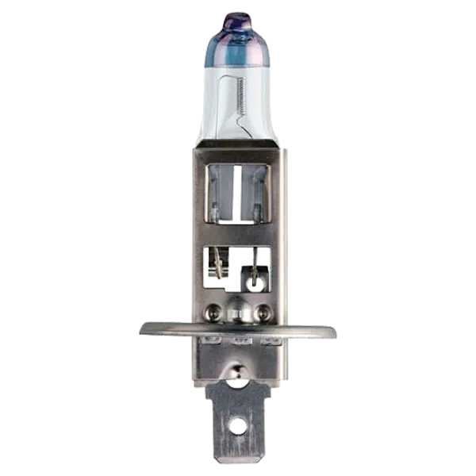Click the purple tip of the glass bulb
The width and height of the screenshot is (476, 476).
(236, 17)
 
